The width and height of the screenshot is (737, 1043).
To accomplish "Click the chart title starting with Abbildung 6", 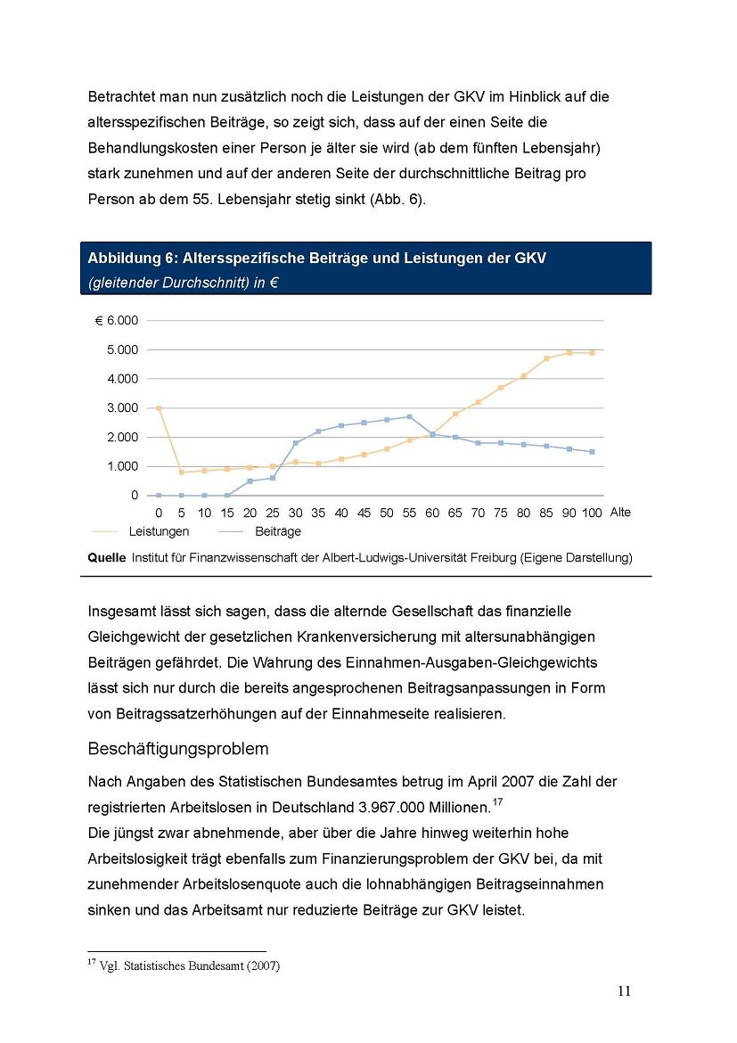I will click(x=316, y=259).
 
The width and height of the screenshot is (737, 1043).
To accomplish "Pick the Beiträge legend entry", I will click(x=277, y=531).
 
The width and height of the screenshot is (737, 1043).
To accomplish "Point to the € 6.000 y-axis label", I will click(x=117, y=320).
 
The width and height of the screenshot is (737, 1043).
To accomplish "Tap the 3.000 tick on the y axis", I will click(x=122, y=407).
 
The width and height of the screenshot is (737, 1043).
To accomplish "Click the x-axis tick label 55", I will click(x=409, y=513).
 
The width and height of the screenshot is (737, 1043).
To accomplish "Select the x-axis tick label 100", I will click(x=592, y=513).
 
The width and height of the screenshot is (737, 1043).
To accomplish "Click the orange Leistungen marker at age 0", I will click(x=159, y=408).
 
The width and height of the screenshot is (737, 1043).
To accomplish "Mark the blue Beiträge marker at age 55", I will click(x=409, y=416).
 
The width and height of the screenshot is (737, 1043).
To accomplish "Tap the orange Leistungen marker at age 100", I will click(x=592, y=352).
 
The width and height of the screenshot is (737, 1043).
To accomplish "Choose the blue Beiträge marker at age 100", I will click(x=592, y=452).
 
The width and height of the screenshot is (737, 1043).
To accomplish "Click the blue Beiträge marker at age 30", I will click(x=295, y=443).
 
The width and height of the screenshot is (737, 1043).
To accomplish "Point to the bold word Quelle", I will click(x=106, y=558).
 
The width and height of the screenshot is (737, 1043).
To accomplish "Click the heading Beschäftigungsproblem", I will click(x=178, y=748).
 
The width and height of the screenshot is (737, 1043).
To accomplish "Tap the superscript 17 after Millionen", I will click(x=497, y=802).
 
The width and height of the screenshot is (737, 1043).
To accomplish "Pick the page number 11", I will click(x=624, y=992).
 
